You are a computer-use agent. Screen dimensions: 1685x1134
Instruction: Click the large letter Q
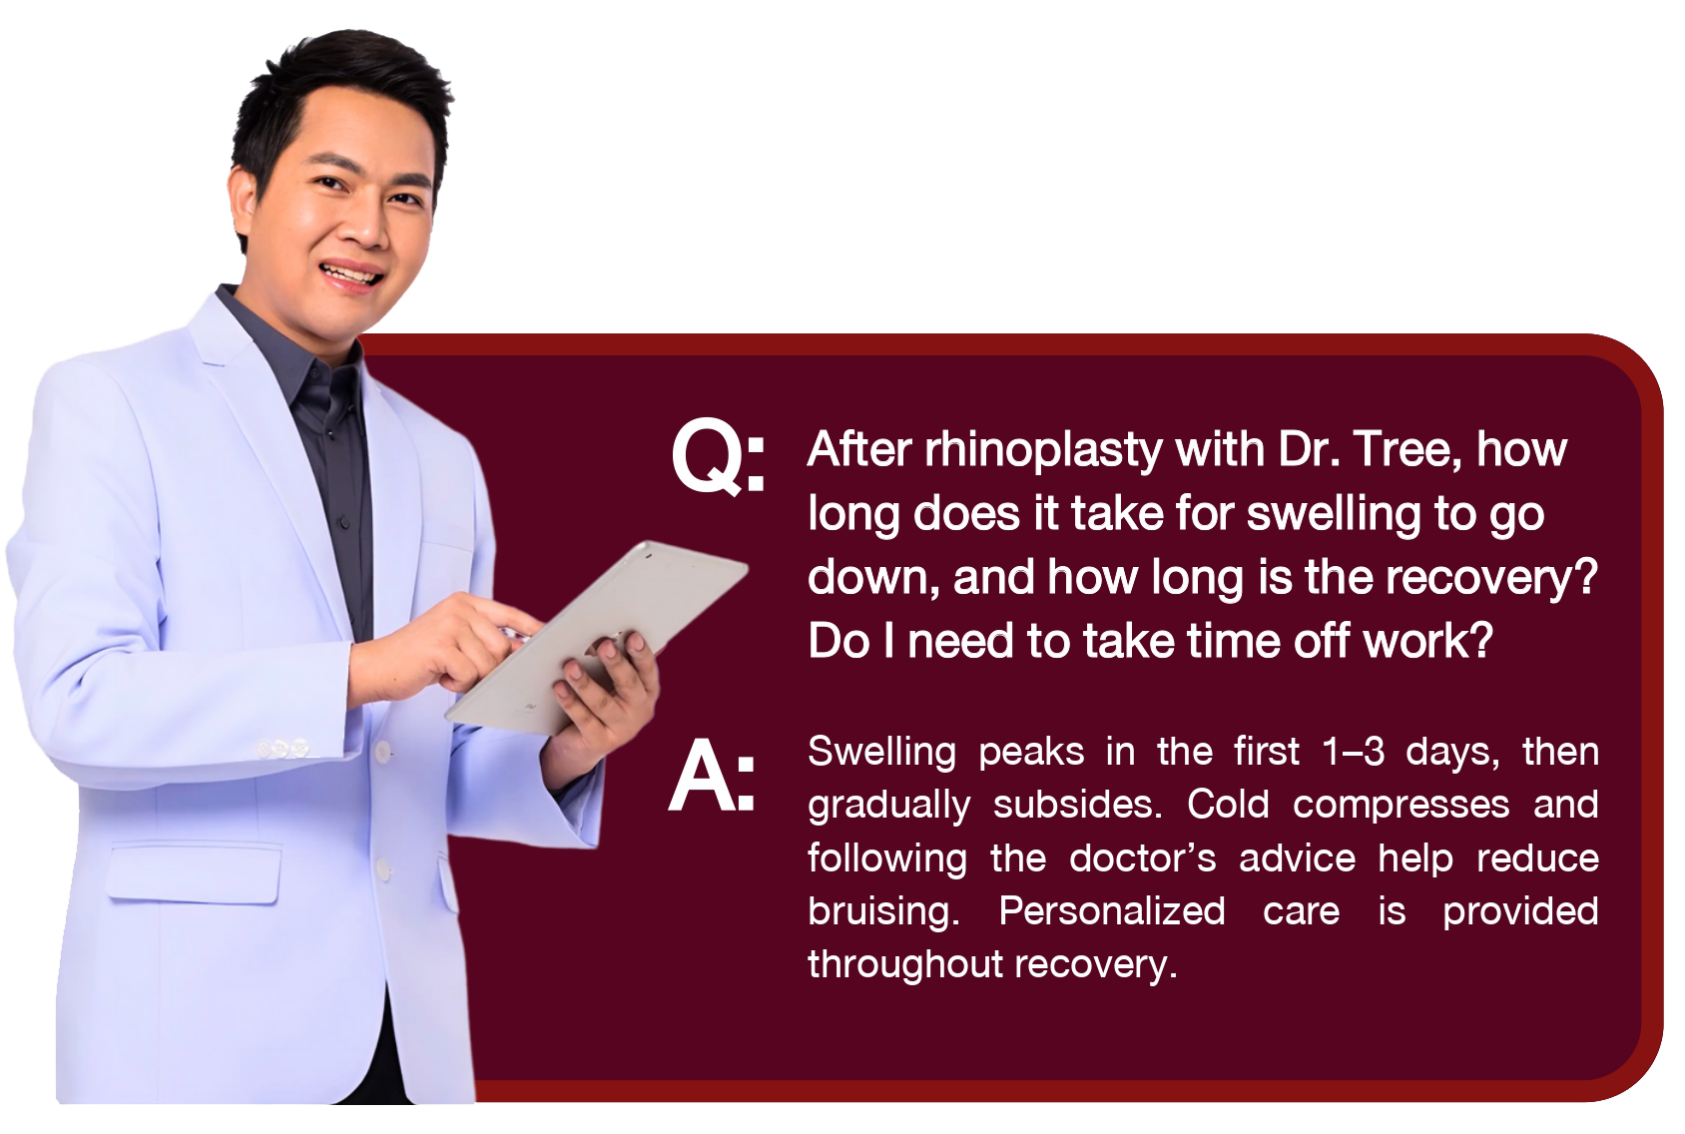[x=706, y=457]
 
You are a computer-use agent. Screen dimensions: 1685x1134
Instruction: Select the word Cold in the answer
[x=1228, y=805]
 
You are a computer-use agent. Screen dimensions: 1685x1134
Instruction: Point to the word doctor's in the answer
[x=1142, y=857]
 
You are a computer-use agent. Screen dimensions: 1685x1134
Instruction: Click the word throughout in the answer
[x=905, y=965]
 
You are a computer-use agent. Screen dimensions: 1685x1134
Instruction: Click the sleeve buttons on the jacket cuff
[x=282, y=750]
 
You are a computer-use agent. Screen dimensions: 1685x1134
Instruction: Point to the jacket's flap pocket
[x=194, y=872]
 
